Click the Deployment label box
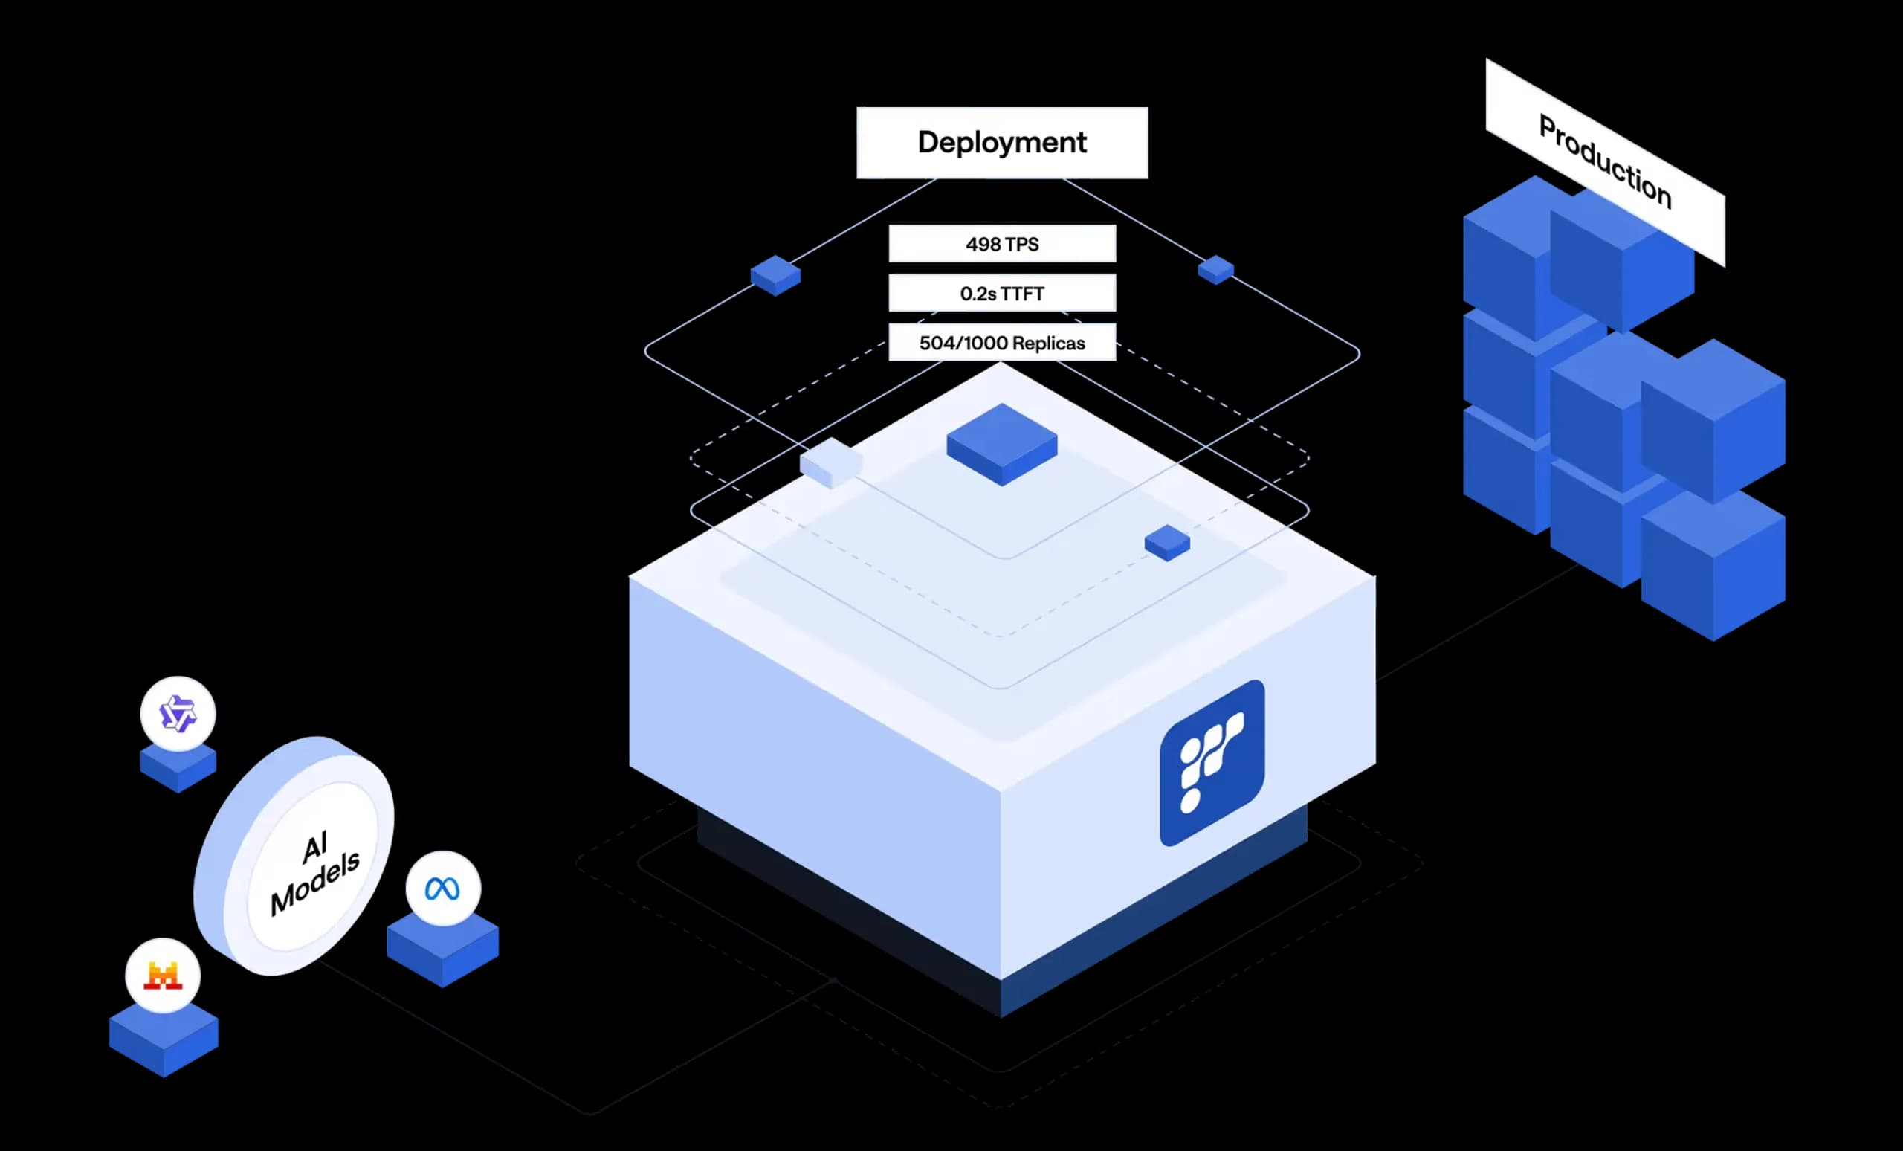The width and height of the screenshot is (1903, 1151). click(1002, 143)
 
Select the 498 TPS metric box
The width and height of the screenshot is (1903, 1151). click(1002, 244)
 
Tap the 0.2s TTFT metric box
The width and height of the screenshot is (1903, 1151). click(1002, 294)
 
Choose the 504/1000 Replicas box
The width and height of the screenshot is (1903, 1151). click(1002, 342)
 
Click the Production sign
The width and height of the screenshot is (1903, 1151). click(1605, 162)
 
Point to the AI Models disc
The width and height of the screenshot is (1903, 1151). click(294, 855)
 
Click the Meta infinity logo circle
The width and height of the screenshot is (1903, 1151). click(442, 889)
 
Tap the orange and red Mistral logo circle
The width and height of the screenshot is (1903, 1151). click(163, 976)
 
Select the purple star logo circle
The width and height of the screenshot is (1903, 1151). click(178, 713)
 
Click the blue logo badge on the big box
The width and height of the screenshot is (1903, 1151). click(1212, 763)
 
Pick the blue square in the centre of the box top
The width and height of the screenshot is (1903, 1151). click(1002, 445)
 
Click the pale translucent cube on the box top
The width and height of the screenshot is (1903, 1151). click(831, 462)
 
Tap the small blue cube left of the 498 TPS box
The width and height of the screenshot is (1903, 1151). click(775, 275)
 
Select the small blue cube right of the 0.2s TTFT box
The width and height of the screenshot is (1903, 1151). click(1215, 270)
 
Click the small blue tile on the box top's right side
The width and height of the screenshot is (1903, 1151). click(1167, 543)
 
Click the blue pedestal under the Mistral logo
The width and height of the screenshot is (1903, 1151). click(164, 1039)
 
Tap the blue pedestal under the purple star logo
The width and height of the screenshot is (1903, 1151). click(178, 769)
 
